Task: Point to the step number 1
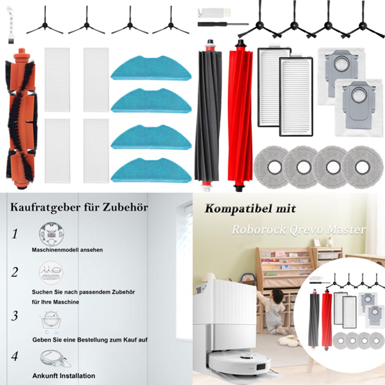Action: click(15, 234)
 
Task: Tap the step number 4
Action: click(14, 356)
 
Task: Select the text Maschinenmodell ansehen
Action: click(67, 250)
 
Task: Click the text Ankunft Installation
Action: click(64, 376)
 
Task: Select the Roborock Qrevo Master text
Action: click(298, 230)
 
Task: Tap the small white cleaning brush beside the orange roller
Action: click(10, 21)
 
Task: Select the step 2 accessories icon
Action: click(51, 274)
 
